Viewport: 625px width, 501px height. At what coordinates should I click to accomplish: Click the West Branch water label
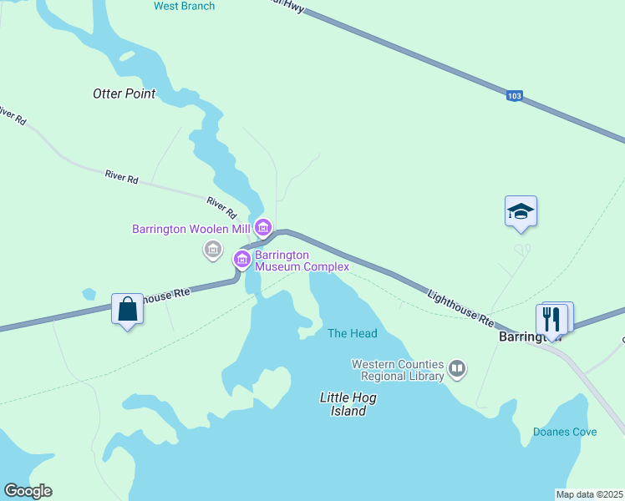(x=184, y=7)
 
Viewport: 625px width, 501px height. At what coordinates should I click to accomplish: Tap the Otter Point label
(x=124, y=94)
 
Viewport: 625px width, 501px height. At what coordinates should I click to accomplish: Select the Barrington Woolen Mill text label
(x=192, y=228)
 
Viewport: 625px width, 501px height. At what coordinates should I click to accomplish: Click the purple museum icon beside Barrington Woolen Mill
(x=264, y=227)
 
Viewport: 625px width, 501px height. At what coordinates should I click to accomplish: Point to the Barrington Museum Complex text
(x=302, y=261)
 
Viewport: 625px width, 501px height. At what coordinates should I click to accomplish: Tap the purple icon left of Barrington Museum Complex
(x=242, y=260)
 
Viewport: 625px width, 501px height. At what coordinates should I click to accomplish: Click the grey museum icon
(x=212, y=249)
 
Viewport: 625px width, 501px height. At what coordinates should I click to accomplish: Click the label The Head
(x=352, y=333)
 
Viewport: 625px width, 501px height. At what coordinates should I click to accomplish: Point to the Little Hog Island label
(x=348, y=404)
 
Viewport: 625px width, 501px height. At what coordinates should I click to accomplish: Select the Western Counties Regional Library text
(x=399, y=370)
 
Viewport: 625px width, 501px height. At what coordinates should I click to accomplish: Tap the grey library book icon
(x=457, y=368)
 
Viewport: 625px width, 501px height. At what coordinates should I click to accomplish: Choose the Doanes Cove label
(x=565, y=432)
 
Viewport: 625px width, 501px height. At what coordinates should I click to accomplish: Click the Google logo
(x=28, y=491)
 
